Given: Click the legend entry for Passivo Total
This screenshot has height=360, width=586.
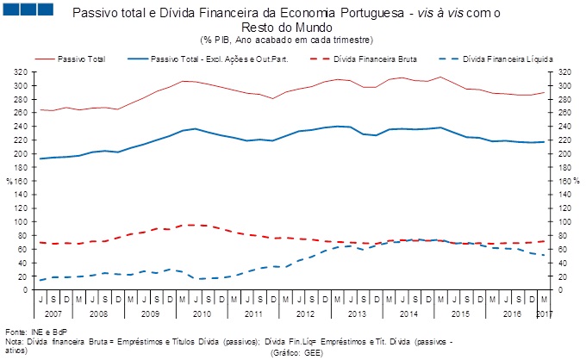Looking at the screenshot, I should [x=82, y=59].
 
